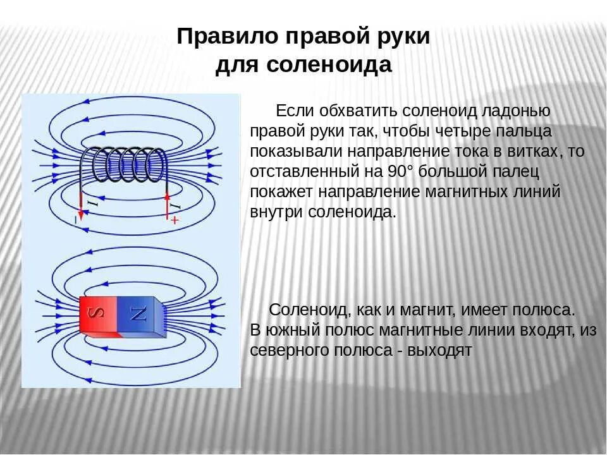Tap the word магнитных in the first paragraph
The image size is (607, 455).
[x=472, y=192]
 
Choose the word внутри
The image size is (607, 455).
[x=277, y=212]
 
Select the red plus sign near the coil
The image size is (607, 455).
[x=175, y=220]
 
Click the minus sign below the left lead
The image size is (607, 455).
[x=75, y=220]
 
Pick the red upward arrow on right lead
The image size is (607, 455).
[x=168, y=202]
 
